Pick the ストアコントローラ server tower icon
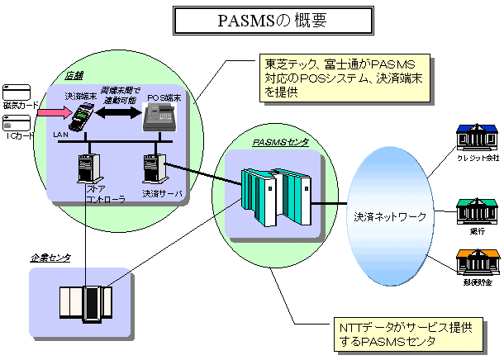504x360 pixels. point(86,168)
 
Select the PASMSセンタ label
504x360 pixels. point(280,142)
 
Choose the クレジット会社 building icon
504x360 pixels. point(478,140)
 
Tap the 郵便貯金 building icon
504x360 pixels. point(478,262)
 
